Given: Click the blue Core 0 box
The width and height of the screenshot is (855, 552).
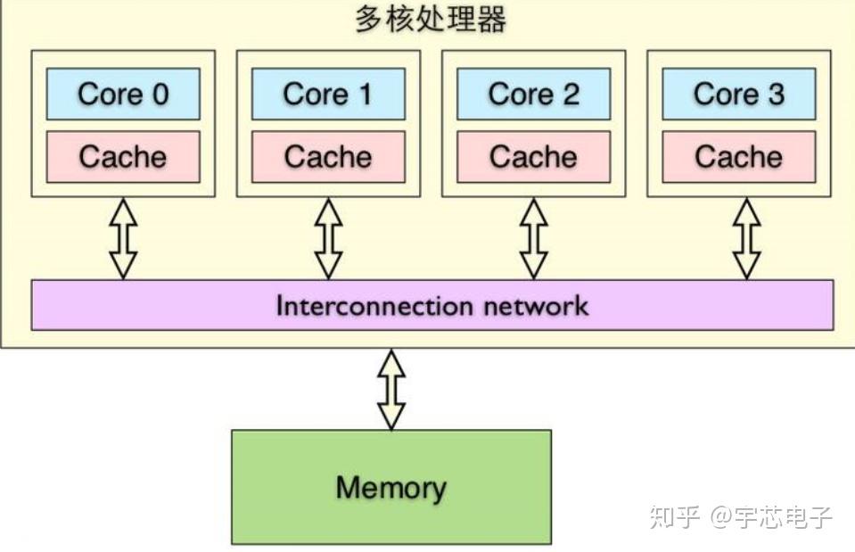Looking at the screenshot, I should tap(123, 94).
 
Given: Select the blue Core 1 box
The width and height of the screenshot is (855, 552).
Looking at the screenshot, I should tap(328, 94).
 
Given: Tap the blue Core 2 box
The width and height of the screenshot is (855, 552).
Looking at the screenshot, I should tap(533, 94).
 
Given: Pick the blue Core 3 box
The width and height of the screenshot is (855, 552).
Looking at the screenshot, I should tap(738, 94).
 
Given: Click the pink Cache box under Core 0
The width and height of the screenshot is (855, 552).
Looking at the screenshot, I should tap(123, 157).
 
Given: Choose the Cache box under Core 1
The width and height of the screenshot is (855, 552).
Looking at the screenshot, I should tap(328, 157).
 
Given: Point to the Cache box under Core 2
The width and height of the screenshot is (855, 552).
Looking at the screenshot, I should tap(533, 157).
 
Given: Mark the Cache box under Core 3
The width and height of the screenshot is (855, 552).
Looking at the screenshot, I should tap(738, 157).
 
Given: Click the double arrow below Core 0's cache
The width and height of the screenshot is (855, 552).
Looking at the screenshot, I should tap(123, 238).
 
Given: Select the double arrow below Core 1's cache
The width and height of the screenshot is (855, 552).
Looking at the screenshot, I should tap(328, 238).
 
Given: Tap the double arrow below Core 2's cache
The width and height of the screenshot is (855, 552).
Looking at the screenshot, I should tap(533, 238).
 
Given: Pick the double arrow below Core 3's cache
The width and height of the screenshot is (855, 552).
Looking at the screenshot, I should tap(747, 238).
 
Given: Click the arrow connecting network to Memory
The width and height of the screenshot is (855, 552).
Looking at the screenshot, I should tap(391, 390).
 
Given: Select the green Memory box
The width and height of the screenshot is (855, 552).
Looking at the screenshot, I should tap(391, 487).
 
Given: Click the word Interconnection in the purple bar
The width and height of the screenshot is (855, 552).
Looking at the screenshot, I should tap(374, 306).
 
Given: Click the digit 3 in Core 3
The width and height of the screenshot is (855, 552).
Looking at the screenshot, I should tap(776, 94).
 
